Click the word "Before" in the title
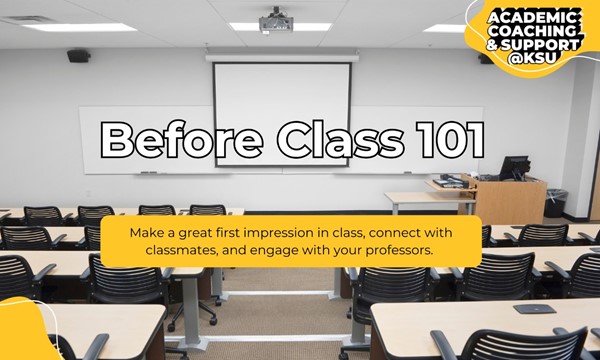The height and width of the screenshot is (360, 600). (171, 140)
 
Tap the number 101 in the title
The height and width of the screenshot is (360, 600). (441, 140)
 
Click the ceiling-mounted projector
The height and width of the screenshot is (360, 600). (275, 22)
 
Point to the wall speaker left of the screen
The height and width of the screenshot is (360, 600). (78, 56)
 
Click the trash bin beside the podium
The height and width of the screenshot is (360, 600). (555, 203)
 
